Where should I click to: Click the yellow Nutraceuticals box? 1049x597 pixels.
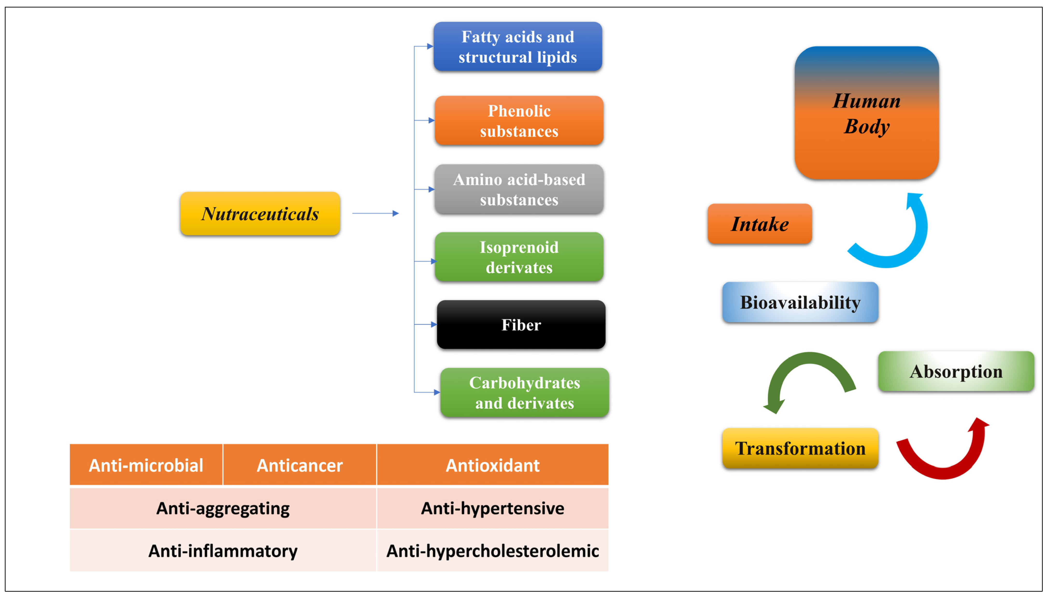pos(260,214)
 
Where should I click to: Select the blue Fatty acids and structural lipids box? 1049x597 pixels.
pos(517,47)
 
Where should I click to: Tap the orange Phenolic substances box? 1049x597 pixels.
pos(519,121)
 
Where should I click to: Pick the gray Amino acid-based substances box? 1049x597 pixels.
pos(519,189)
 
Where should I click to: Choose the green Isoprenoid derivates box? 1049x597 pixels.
pos(519,257)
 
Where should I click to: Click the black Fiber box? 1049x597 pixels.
pos(521,325)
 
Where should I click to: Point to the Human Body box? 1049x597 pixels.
pos(866,113)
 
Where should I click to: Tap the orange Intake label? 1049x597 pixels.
pos(759,224)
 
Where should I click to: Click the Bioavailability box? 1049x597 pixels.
pos(800,302)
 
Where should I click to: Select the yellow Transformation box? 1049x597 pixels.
pos(800,448)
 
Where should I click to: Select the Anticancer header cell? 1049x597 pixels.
pos(300,465)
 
